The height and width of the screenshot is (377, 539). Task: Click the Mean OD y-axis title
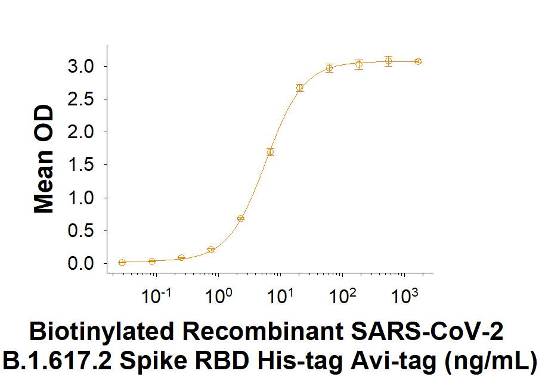click(x=44, y=160)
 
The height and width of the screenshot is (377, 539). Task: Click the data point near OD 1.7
click(x=270, y=152)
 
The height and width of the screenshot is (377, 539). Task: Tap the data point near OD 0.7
click(x=240, y=219)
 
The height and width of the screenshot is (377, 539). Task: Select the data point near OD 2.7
click(x=300, y=88)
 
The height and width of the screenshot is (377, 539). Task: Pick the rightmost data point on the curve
click(x=419, y=61)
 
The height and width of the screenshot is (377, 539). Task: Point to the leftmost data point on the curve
click(x=122, y=262)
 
